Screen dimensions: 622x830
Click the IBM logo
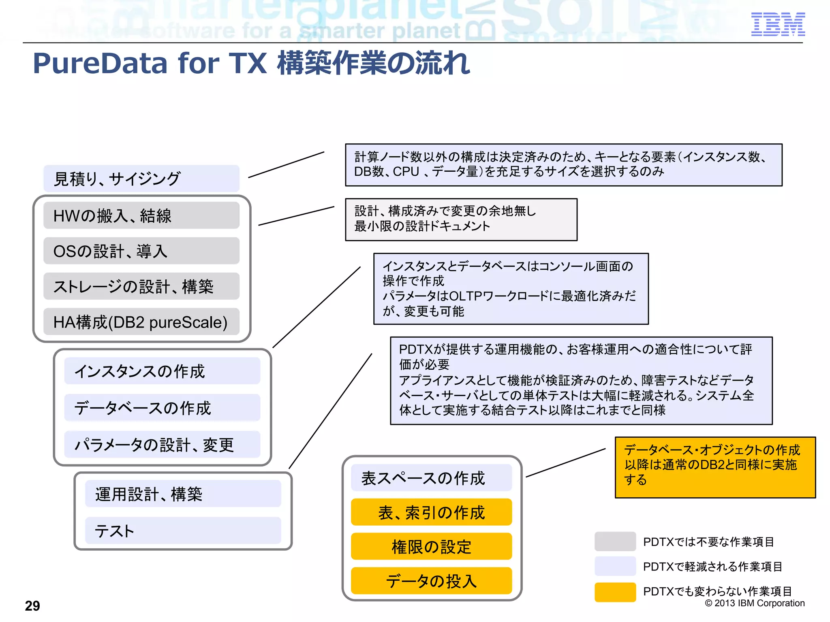tap(778, 24)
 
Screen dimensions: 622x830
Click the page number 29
tap(32, 606)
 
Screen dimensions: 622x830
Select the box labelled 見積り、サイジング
tap(141, 179)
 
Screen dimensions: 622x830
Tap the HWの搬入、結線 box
tap(141, 215)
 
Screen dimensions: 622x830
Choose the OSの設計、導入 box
tap(141, 251)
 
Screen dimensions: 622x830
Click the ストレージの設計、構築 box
tap(141, 286)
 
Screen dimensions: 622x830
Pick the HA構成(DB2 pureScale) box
tap(141, 322)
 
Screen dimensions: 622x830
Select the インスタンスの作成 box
tap(162, 371)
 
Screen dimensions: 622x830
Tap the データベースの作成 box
tap(162, 408)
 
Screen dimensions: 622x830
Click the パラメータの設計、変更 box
tap(162, 445)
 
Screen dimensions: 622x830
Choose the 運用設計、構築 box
tap(183, 494)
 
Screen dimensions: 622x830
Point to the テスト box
tap(183, 530)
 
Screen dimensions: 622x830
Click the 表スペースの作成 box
tap(431, 478)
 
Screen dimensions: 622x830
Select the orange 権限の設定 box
tap(431, 547)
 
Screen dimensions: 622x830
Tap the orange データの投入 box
tap(431, 581)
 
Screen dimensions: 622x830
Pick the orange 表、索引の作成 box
tap(431, 512)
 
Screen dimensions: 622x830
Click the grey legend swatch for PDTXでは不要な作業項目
tap(615, 541)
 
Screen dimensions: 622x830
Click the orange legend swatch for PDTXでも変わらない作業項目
tap(615, 592)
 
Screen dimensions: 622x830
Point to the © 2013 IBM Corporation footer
tap(755, 603)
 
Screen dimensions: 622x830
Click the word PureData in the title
tap(100, 64)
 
